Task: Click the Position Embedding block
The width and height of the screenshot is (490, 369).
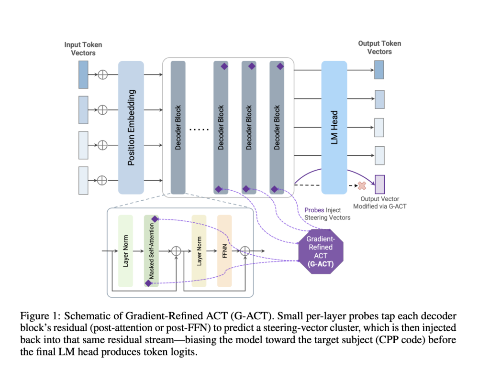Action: coord(131,127)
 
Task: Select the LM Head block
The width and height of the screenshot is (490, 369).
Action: coord(334,127)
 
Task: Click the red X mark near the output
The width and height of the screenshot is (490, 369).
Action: coord(362,184)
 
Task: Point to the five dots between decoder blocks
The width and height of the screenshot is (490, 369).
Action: coord(200,129)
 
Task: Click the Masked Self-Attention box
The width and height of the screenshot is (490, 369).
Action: coord(151,251)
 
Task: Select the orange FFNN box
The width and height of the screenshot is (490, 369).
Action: coord(224,251)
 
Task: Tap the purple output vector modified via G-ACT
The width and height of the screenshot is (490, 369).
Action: coord(379,184)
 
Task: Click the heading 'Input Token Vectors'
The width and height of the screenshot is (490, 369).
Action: coord(83,49)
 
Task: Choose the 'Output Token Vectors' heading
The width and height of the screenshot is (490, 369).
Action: coord(379,47)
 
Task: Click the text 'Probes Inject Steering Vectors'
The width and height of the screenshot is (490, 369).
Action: coord(327,214)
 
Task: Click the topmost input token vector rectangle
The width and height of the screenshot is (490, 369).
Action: coord(83,74)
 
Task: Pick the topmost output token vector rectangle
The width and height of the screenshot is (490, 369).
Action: coord(379,71)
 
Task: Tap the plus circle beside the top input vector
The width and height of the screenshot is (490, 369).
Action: coord(102,74)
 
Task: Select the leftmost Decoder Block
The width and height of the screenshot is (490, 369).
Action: coord(178,127)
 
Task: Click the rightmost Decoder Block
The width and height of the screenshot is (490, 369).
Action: coord(277,127)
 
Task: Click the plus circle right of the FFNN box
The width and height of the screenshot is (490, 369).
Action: coord(245,250)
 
